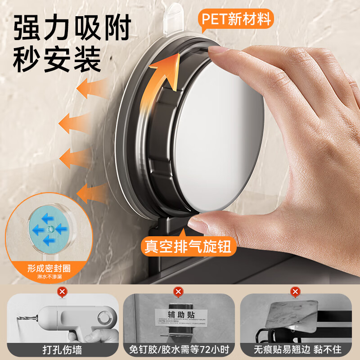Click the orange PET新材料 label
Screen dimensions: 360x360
[236, 19]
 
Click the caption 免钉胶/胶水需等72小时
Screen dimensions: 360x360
[179, 348]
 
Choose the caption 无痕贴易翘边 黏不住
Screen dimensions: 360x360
[297, 348]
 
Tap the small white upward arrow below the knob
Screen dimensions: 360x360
[183, 232]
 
